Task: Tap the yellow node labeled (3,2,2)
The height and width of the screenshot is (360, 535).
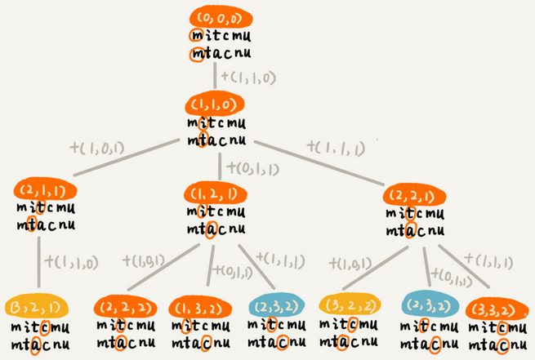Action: [347, 307]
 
